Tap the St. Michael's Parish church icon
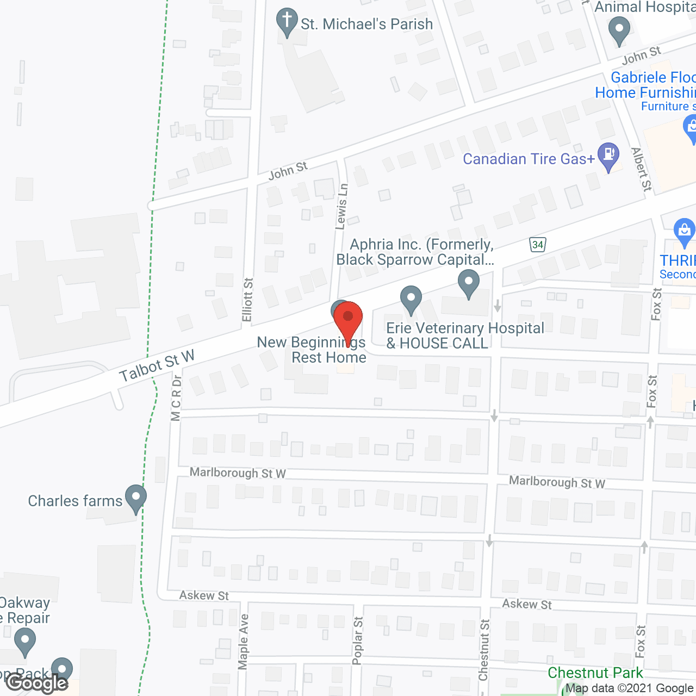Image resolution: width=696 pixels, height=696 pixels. (287, 22)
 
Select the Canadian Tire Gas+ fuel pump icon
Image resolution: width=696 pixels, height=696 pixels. (608, 156)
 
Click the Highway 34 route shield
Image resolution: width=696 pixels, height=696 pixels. (538, 245)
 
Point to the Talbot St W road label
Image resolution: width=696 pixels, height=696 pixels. (157, 366)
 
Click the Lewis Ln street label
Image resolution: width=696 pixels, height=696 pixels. (342, 207)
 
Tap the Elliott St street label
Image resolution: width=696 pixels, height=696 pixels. (248, 300)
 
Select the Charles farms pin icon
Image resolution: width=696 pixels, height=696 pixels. (135, 498)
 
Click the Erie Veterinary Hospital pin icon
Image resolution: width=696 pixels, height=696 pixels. (411, 299)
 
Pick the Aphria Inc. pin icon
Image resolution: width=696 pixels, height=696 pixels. (468, 283)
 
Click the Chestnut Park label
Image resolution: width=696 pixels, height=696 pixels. (595, 673)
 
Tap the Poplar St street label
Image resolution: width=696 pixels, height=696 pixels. (357, 641)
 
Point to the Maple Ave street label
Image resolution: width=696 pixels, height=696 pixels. (243, 642)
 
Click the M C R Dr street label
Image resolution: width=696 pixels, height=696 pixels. (176, 397)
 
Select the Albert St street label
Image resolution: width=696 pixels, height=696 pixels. (642, 169)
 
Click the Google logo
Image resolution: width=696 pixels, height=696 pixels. (37, 683)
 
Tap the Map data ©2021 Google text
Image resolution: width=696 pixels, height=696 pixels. (630, 688)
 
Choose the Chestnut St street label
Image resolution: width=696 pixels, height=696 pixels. (484, 650)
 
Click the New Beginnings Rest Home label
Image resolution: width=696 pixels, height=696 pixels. (312, 350)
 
